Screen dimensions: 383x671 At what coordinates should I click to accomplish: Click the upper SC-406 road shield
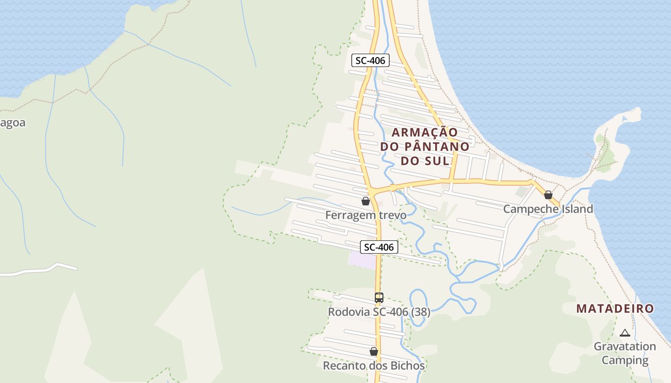coord(370,60)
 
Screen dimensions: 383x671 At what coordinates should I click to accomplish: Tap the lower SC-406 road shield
coord(379,247)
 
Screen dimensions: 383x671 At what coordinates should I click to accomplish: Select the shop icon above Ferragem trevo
coord(365,201)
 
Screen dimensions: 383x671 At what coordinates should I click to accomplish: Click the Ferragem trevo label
coord(366,215)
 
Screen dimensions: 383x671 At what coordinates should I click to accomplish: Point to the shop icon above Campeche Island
coord(548,195)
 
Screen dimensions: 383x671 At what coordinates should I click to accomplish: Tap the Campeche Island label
coord(548,209)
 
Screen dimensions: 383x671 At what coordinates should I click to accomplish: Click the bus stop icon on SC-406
coord(379,298)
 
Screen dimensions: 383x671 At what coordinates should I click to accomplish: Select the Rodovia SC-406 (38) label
coord(379,312)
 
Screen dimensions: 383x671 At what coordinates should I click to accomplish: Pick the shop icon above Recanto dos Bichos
coord(374,352)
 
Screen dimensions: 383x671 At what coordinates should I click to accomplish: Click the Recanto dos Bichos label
coord(374,366)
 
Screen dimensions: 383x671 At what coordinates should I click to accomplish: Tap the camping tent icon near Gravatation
coord(625,333)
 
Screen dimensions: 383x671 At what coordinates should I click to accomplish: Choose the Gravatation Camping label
coord(625,353)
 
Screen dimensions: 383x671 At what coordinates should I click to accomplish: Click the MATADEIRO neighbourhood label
coord(615,308)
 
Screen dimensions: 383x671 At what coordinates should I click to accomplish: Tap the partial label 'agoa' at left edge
coord(12,123)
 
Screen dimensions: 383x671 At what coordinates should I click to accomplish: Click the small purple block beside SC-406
coord(362,260)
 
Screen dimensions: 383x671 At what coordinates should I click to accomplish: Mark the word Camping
coord(625,360)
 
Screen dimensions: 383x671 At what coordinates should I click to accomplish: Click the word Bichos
coord(406,366)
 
